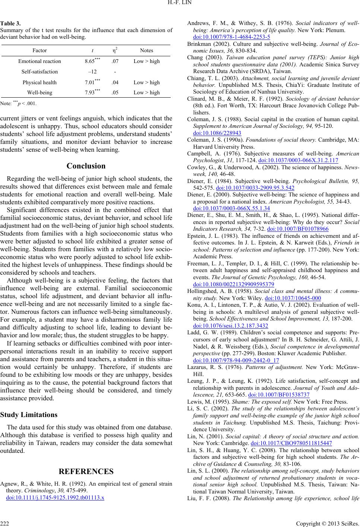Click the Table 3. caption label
tap(10, 22)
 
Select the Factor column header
tap(40, 50)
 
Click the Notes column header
tap(146, 50)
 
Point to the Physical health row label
tap(40, 82)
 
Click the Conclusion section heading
tap(86, 166)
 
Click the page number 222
tap(5, 523)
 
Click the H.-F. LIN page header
tap(180, 5)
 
